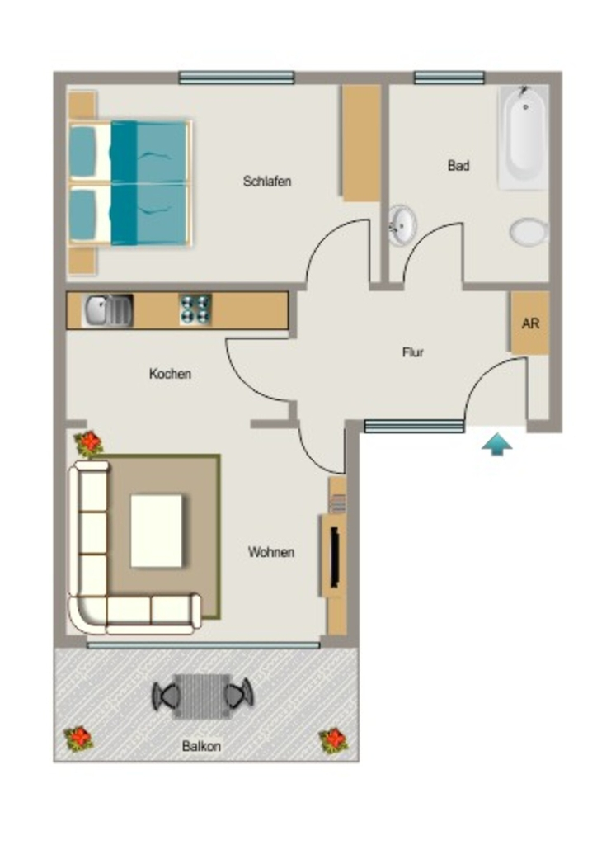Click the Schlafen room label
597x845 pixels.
(x=267, y=181)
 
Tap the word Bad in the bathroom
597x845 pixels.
(x=458, y=165)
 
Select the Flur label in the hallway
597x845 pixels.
(x=413, y=352)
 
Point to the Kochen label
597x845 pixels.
(x=170, y=374)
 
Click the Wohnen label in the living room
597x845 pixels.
(x=271, y=552)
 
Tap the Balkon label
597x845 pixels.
(x=201, y=746)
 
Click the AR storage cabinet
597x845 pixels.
(x=530, y=323)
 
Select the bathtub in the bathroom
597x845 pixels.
(x=524, y=138)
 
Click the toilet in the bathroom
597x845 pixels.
(x=529, y=232)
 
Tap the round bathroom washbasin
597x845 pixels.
(x=402, y=224)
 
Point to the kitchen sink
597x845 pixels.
(x=107, y=311)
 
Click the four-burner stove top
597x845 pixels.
(x=195, y=309)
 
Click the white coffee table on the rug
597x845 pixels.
(x=157, y=531)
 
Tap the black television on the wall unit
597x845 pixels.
(x=335, y=557)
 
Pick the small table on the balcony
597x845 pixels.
(x=202, y=696)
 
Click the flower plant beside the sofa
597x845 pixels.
(x=88, y=443)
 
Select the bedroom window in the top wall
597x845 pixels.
(x=237, y=78)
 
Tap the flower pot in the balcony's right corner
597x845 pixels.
(x=333, y=740)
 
